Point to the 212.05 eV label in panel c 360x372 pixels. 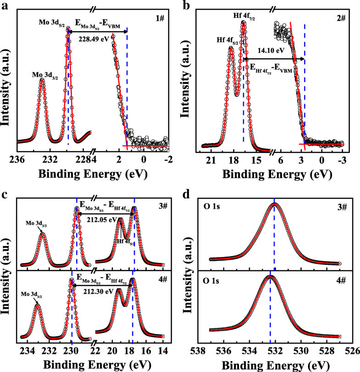(100, 219)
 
